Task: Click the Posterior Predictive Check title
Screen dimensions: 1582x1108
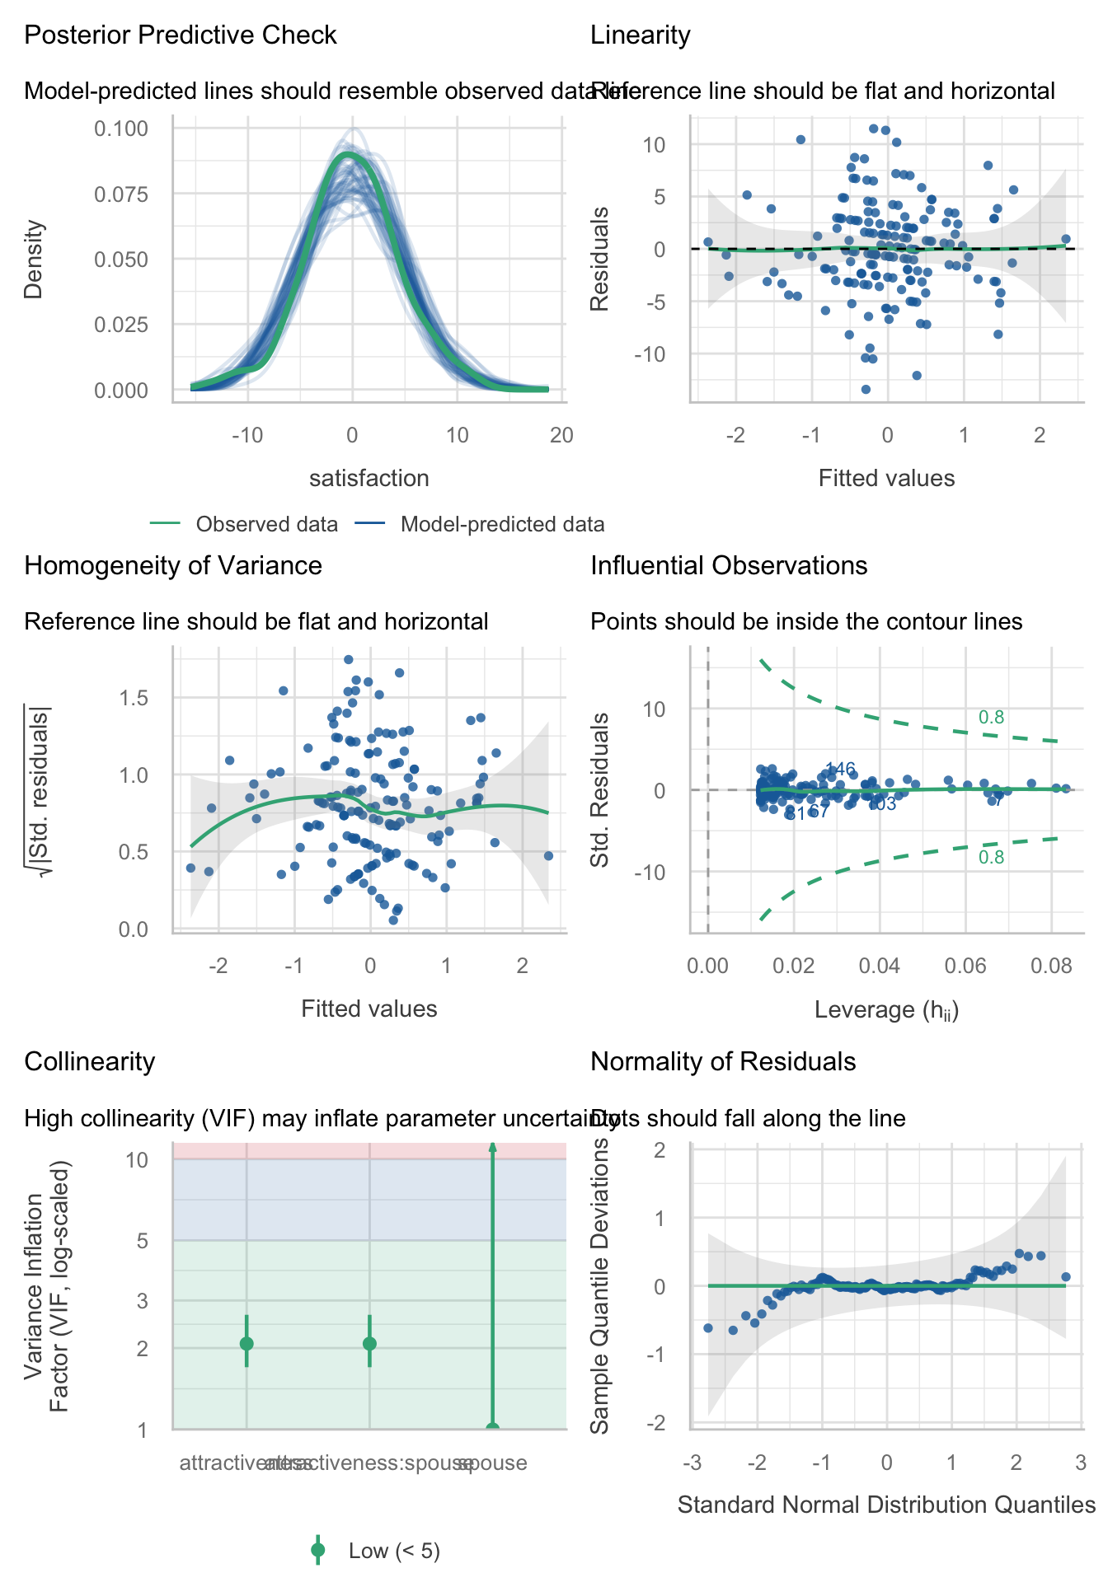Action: coord(181,35)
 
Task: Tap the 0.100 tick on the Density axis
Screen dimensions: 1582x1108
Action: coord(121,129)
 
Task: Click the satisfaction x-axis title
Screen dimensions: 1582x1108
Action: coord(369,479)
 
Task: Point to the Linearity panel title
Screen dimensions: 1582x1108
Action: coord(641,35)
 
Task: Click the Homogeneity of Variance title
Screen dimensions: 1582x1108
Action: coord(173,566)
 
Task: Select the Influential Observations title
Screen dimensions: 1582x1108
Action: coord(729,566)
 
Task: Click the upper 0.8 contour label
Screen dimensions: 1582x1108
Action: coord(991,718)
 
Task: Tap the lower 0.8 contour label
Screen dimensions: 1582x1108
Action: coord(991,858)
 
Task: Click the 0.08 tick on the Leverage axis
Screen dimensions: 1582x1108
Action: coord(1051,966)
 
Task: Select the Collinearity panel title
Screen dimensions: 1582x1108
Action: coord(90,1062)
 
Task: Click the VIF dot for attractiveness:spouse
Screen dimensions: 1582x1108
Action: coord(369,1344)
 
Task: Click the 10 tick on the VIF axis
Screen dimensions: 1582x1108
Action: coord(137,1160)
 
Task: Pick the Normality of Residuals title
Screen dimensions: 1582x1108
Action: coord(723,1062)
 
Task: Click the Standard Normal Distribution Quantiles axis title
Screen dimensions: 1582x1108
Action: coord(886,1505)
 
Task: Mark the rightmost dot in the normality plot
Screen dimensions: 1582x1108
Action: coord(1065,1276)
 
